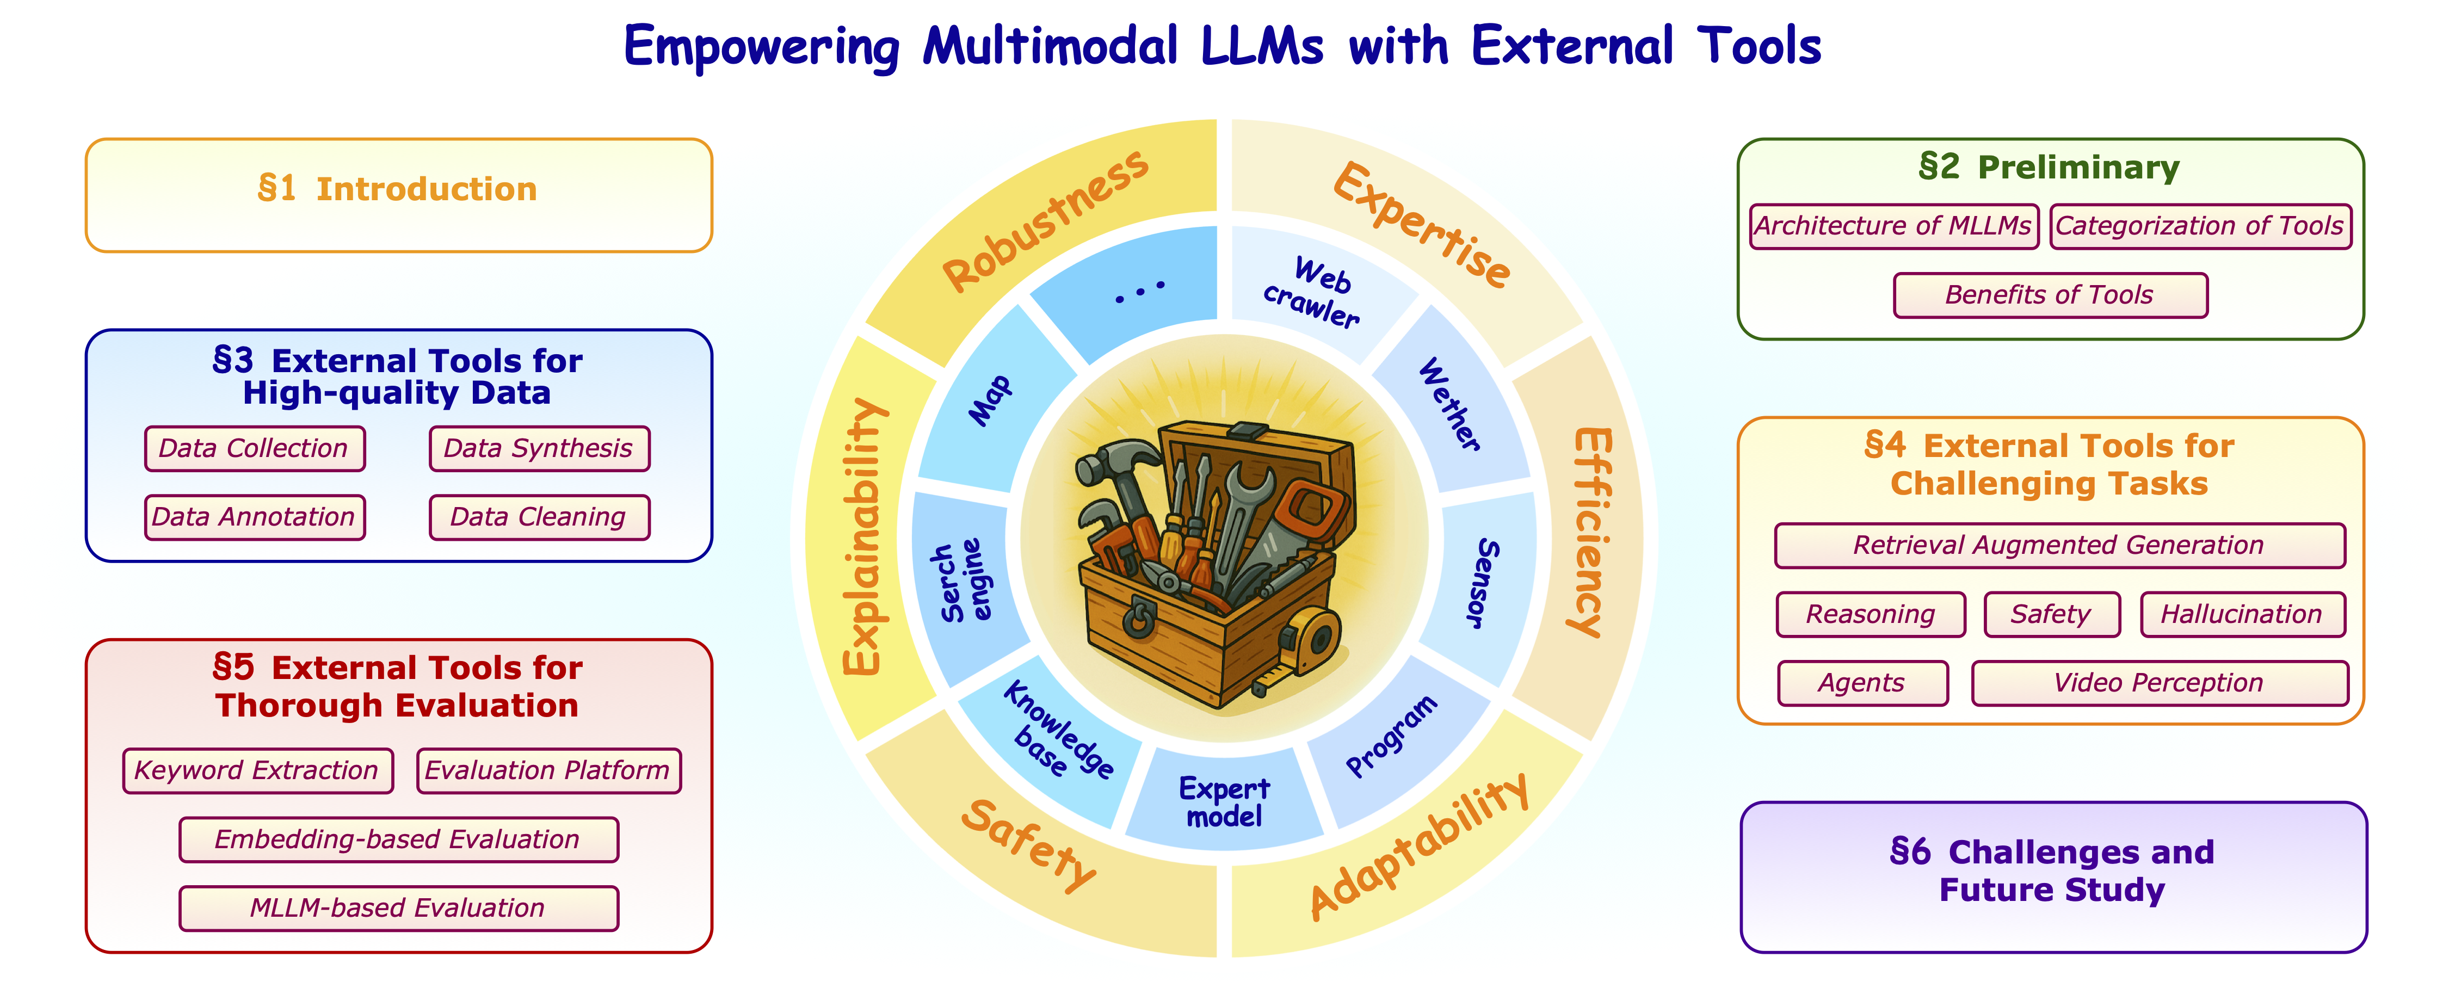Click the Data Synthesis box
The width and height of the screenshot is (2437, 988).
click(538, 449)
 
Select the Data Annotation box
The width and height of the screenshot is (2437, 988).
click(254, 517)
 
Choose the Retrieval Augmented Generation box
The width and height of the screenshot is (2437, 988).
click(2059, 545)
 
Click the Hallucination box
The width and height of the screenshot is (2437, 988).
click(2241, 614)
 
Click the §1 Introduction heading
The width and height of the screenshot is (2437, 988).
click(397, 189)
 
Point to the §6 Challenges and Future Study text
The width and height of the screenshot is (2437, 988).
click(2052, 870)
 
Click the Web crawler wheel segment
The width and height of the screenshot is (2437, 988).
click(1313, 292)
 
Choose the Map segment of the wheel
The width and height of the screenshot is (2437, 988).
click(990, 402)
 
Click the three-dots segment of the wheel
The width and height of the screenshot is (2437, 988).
click(1139, 289)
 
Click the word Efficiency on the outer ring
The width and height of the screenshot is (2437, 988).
click(1591, 532)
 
